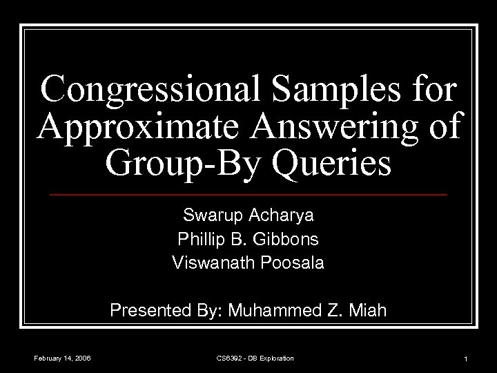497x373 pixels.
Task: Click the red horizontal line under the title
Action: pos(248,195)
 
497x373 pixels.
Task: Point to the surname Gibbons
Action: pos(293,240)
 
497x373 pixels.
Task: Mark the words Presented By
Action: pos(160,312)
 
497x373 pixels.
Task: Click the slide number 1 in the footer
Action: pos(467,358)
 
